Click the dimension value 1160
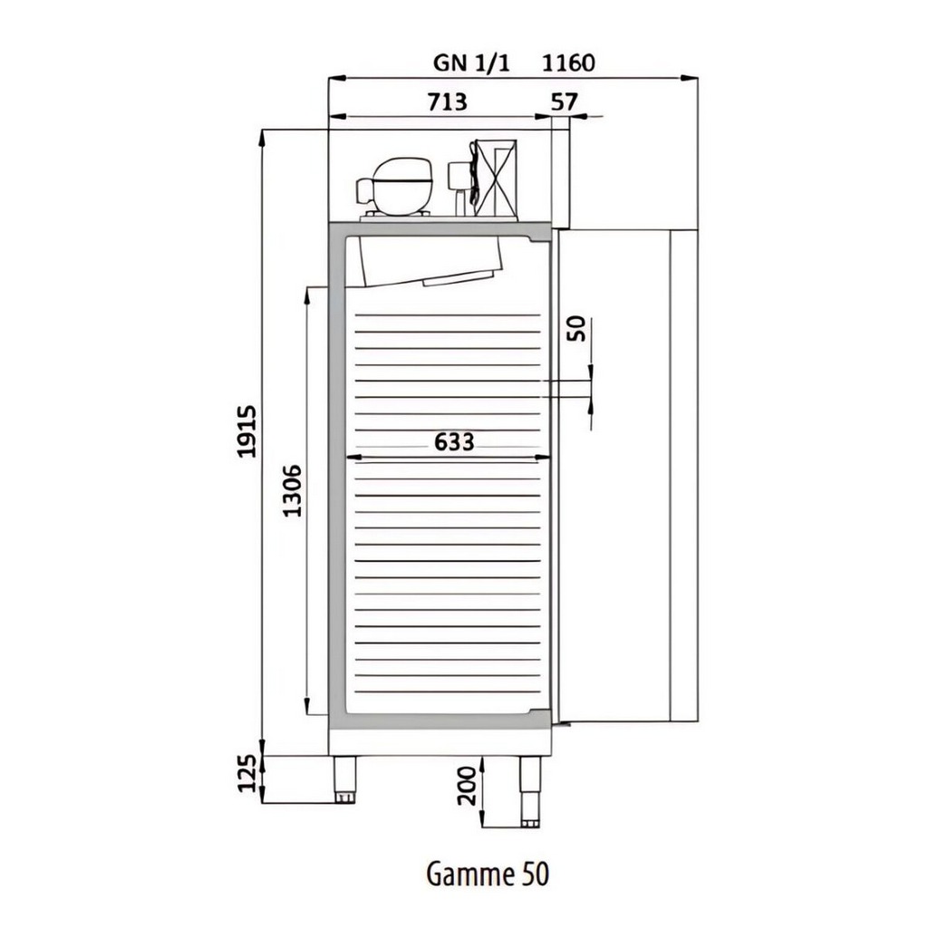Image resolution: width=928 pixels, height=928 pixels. [568, 63]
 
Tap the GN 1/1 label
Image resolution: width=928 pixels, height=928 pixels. [471, 63]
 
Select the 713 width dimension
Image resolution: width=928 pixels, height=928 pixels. [447, 101]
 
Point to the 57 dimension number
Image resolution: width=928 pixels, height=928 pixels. [564, 101]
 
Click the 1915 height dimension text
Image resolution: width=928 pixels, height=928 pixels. [246, 431]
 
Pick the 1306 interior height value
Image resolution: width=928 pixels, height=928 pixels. [293, 490]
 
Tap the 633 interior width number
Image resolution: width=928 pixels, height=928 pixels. [454, 441]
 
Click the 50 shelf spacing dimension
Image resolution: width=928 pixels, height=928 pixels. [575, 329]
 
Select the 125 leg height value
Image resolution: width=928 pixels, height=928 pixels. [246, 773]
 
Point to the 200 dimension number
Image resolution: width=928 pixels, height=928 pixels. [467, 786]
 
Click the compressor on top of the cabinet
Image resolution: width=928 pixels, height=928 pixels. [393, 188]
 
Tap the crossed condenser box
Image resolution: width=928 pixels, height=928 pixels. [496, 179]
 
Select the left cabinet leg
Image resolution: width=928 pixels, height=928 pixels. [345, 779]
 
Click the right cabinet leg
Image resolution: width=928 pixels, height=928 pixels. [530, 791]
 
